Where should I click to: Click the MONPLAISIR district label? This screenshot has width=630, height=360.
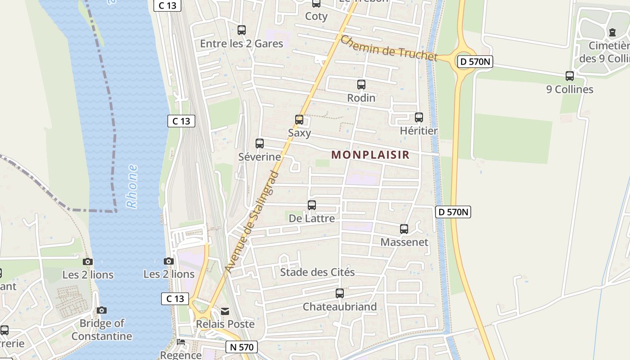370,155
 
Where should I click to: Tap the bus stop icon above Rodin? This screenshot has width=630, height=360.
361,84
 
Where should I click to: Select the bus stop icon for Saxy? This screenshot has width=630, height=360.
299,119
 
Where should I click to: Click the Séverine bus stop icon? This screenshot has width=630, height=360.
260,144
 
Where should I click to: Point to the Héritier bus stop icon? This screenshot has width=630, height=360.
419,117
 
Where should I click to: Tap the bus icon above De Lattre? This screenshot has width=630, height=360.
312,205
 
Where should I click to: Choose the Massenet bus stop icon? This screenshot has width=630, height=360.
404,229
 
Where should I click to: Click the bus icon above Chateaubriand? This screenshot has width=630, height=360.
340,293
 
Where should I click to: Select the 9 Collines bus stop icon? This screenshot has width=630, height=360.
570,76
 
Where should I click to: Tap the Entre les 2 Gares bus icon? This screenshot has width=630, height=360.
242,30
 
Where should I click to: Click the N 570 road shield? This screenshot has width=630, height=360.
242,347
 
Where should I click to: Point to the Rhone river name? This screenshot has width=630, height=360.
132,186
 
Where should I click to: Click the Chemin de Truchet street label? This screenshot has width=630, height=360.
388,48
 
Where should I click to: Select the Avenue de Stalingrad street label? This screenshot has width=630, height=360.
252,222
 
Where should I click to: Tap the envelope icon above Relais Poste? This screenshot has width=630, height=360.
225,311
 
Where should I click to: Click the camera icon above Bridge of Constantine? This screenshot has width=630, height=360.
102,310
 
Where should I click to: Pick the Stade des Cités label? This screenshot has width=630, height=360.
317,272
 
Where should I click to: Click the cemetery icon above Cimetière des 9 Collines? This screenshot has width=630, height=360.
612,32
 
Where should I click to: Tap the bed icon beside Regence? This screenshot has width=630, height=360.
181,342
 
